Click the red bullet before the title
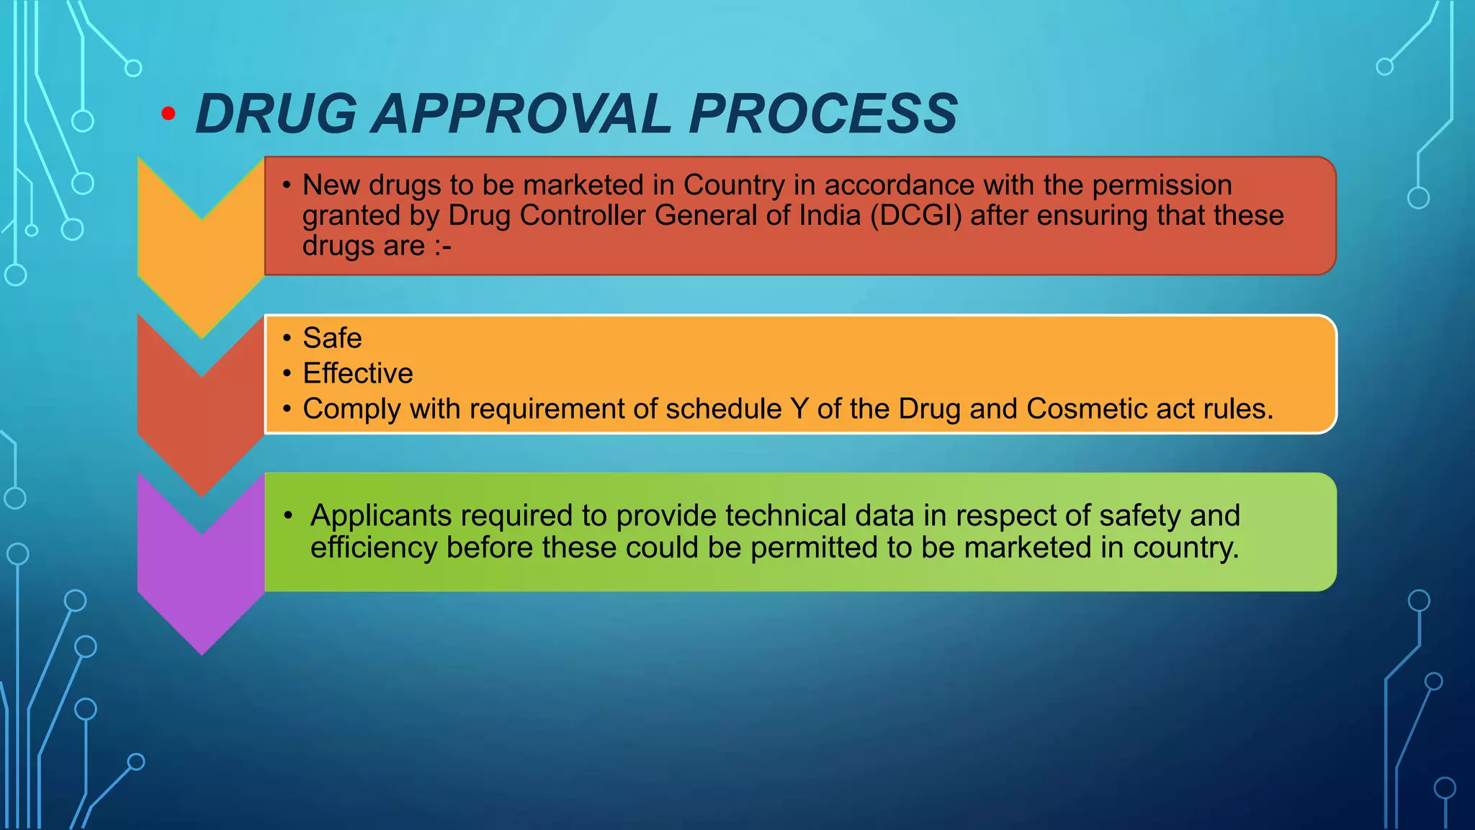(x=169, y=113)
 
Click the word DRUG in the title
(x=276, y=114)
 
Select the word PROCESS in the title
(x=822, y=114)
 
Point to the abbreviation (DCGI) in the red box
(x=915, y=215)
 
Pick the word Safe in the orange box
(x=332, y=338)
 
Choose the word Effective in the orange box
(x=358, y=373)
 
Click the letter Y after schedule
(x=799, y=409)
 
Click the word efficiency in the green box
(x=374, y=548)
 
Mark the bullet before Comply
(x=287, y=409)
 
